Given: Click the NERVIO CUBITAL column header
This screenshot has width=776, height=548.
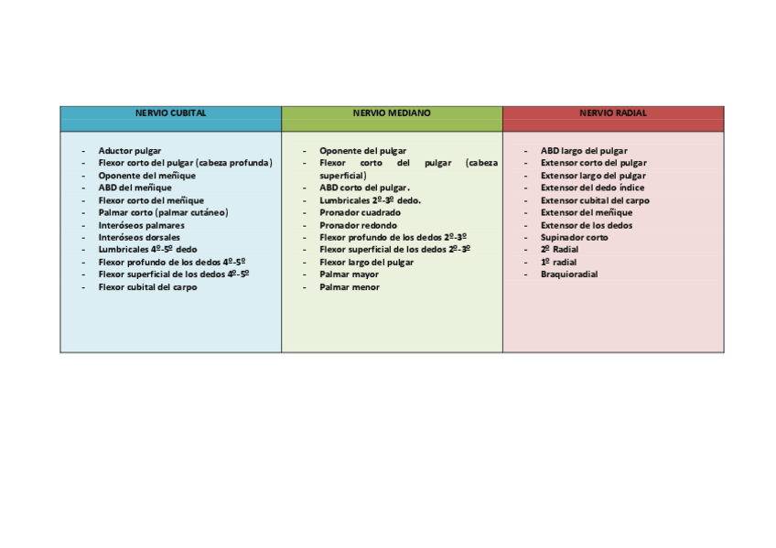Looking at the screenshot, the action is click(x=171, y=113).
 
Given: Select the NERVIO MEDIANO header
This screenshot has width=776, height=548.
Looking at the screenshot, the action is click(x=392, y=113).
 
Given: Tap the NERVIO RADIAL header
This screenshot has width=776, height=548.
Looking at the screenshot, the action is click(x=613, y=113).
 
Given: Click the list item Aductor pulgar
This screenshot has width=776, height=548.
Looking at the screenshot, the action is click(x=130, y=150).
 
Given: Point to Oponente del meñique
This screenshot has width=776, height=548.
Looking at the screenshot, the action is click(x=147, y=175).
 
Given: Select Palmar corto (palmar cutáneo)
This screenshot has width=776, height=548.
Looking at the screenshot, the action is click(x=163, y=212).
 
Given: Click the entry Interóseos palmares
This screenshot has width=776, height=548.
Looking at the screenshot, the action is click(x=141, y=225).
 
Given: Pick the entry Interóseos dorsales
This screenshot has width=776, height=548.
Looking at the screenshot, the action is click(x=139, y=237).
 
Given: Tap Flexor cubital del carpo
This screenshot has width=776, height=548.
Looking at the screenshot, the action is click(x=147, y=286).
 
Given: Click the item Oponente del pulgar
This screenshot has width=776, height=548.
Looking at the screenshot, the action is click(x=362, y=150).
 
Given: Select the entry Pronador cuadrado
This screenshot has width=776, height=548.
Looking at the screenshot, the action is click(x=360, y=212).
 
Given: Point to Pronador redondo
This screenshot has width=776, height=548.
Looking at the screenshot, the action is click(x=358, y=225).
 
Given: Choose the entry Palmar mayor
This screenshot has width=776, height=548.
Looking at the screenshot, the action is click(x=349, y=274).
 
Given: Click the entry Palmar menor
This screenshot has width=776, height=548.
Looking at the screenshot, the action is click(x=349, y=287).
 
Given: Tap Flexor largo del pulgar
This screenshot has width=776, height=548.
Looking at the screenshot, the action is click(x=366, y=263).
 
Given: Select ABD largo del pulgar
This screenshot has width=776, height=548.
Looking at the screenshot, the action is click(x=584, y=150).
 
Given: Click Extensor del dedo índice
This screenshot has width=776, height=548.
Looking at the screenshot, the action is click(x=592, y=188).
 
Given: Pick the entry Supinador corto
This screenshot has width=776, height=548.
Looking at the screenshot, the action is click(x=574, y=237).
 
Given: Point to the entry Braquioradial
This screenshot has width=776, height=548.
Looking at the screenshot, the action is click(x=569, y=274).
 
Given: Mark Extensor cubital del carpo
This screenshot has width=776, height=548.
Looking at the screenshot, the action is click(x=595, y=200).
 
